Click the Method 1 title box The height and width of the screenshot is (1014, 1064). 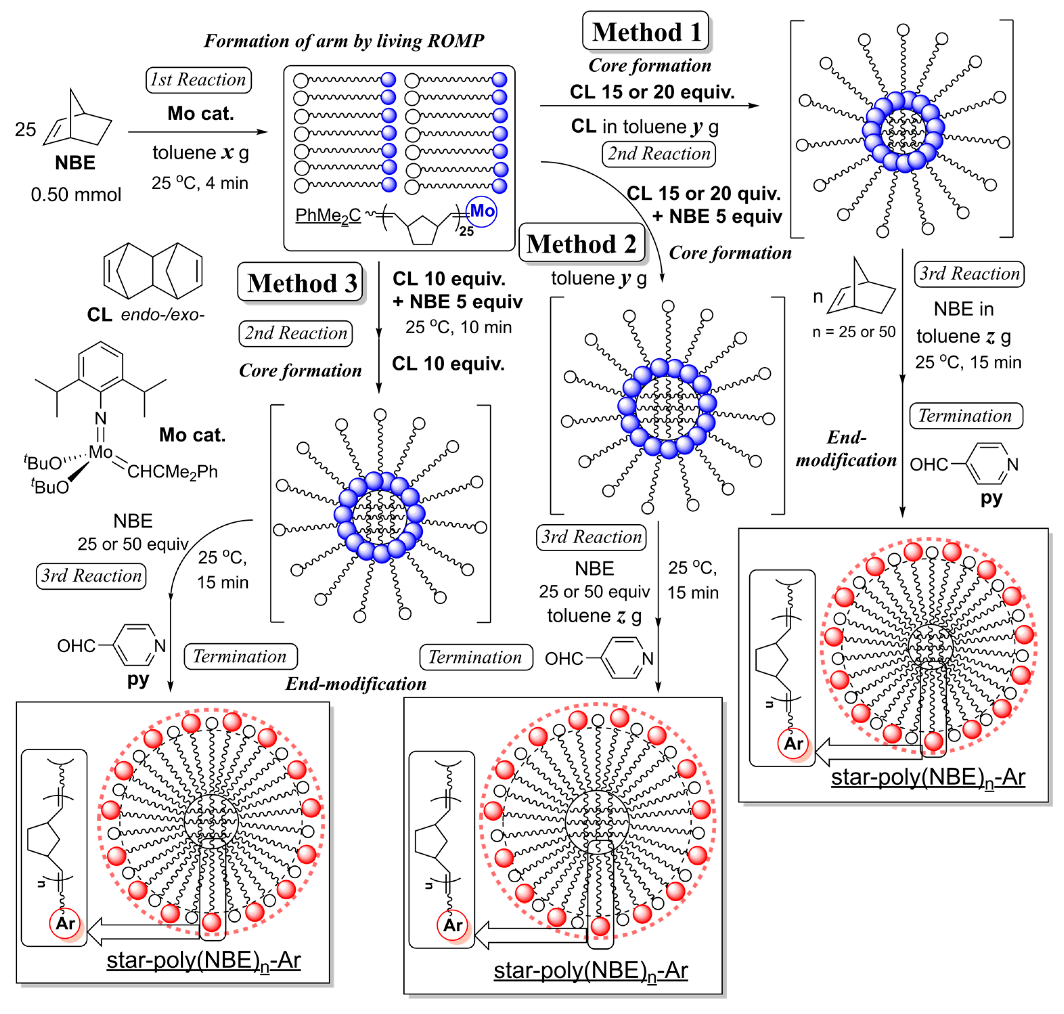pos(646,32)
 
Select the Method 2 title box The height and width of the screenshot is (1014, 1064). pos(582,244)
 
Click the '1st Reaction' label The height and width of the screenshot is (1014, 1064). pos(198,80)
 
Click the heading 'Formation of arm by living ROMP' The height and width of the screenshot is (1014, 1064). pos(344,41)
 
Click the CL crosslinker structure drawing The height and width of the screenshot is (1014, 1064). pos(153,270)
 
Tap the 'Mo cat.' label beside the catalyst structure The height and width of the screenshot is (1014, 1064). pos(192,435)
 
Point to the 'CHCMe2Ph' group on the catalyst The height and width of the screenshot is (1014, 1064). pos(173,472)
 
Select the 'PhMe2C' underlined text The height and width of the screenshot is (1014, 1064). pos(327,216)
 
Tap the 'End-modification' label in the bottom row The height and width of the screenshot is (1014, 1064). pos(356,684)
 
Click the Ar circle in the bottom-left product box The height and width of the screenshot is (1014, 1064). pos(65,923)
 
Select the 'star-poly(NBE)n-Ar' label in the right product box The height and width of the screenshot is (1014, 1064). pos(927,777)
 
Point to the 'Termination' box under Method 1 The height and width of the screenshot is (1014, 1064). pos(965,416)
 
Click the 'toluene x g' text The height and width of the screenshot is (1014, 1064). pos(201,153)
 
